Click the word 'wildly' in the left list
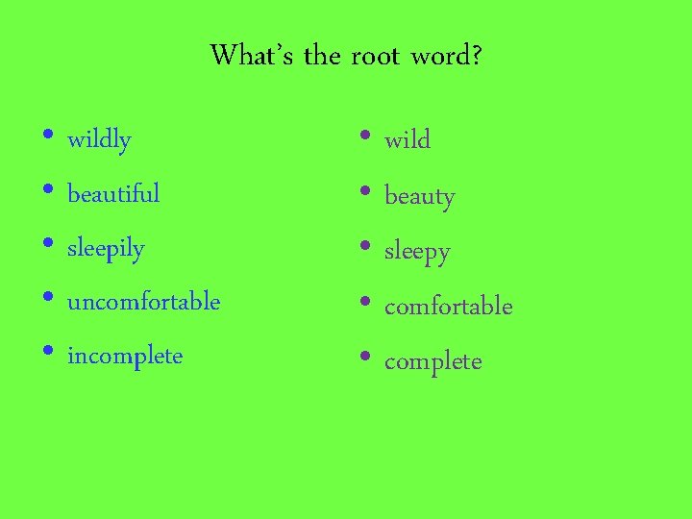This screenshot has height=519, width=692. (99, 140)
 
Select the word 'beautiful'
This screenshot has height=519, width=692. (113, 194)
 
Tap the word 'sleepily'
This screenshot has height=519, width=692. (106, 249)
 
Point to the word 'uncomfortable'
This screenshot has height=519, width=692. (143, 302)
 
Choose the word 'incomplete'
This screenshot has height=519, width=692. (124, 357)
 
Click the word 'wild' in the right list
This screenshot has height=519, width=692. (408, 140)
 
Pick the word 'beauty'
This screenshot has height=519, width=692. (419, 197)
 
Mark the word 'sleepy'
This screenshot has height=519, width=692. (417, 252)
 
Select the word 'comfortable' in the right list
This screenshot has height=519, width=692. (448, 307)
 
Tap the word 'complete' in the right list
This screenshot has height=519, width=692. (432, 362)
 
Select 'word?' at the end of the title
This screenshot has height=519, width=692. (446, 56)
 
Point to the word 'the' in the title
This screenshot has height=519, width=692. (322, 55)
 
